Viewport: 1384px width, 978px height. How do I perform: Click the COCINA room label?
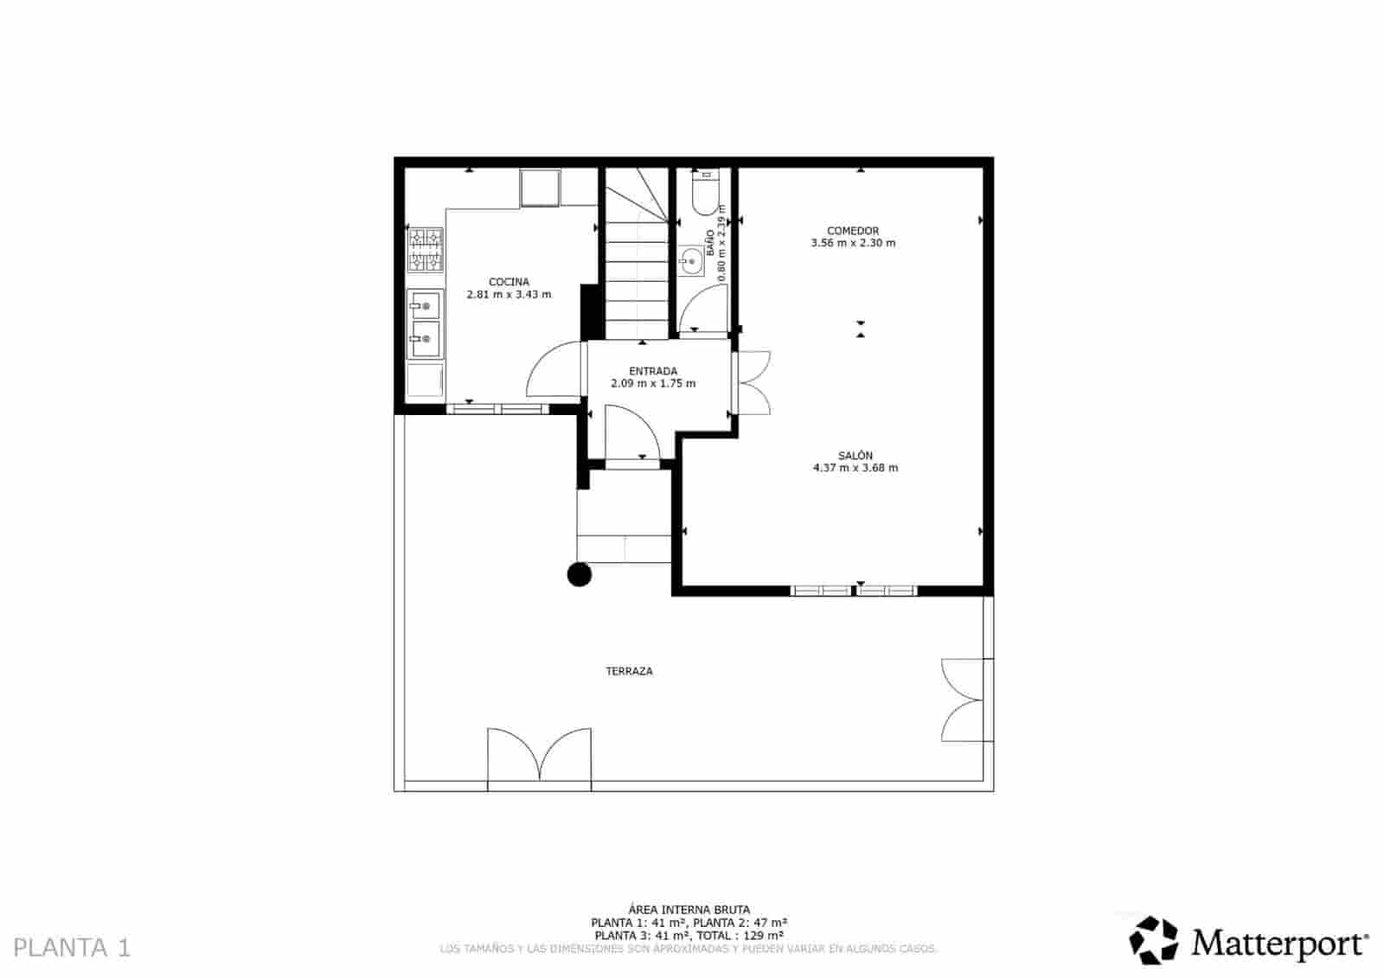pyautogui.click(x=509, y=282)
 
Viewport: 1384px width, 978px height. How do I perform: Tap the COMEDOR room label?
pyautogui.click(x=853, y=231)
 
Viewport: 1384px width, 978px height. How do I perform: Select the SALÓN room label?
pyautogui.click(x=855, y=456)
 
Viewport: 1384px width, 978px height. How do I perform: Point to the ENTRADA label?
pyautogui.click(x=653, y=372)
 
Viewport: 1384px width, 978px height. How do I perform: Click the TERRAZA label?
pyautogui.click(x=629, y=671)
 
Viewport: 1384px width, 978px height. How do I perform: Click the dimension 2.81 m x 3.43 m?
pyautogui.click(x=509, y=294)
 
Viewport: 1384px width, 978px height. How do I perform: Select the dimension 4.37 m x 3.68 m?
pyautogui.click(x=855, y=468)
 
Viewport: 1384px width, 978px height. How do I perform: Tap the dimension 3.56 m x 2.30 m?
pyautogui.click(x=853, y=243)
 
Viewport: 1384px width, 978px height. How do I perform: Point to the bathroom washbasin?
pyautogui.click(x=690, y=260)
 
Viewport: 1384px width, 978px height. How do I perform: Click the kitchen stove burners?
pyautogui.click(x=425, y=249)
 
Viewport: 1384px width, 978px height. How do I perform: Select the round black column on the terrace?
pyautogui.click(x=579, y=574)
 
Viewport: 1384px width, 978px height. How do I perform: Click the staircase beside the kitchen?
pyautogui.click(x=638, y=259)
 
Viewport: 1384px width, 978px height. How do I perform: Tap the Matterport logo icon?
pyautogui.click(x=1154, y=940)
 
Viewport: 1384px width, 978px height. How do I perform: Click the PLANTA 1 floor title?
pyautogui.click(x=73, y=948)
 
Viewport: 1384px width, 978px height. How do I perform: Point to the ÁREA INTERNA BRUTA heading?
pyautogui.click(x=689, y=910)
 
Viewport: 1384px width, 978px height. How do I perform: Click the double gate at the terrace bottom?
pyautogui.click(x=540, y=757)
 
